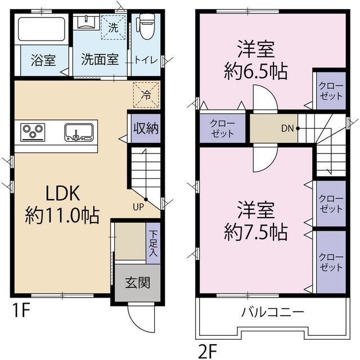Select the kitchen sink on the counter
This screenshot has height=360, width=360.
(x=78, y=133)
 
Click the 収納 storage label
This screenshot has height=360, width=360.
(x=146, y=128)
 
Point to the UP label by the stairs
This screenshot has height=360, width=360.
(x=138, y=206)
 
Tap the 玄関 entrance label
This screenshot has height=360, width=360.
(x=138, y=282)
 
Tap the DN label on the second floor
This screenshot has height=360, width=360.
(x=287, y=128)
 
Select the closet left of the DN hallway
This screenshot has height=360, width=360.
(x=222, y=128)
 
